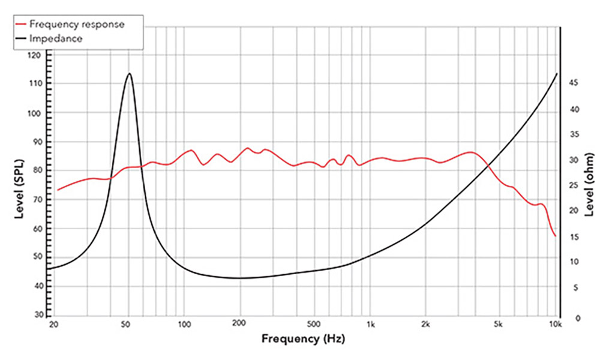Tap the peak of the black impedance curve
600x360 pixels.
tap(129, 73)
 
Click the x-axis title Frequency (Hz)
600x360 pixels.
tap(303, 338)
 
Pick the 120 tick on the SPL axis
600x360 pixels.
tap(35, 55)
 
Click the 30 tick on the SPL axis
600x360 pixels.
tap(37, 314)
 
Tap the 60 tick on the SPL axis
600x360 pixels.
tap(37, 228)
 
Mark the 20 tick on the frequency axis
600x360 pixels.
tap(53, 325)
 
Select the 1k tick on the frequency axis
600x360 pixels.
tap(371, 325)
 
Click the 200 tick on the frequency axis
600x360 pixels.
tap(240, 325)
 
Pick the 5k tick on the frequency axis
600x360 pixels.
tap(497, 325)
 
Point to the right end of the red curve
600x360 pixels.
tap(556, 236)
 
